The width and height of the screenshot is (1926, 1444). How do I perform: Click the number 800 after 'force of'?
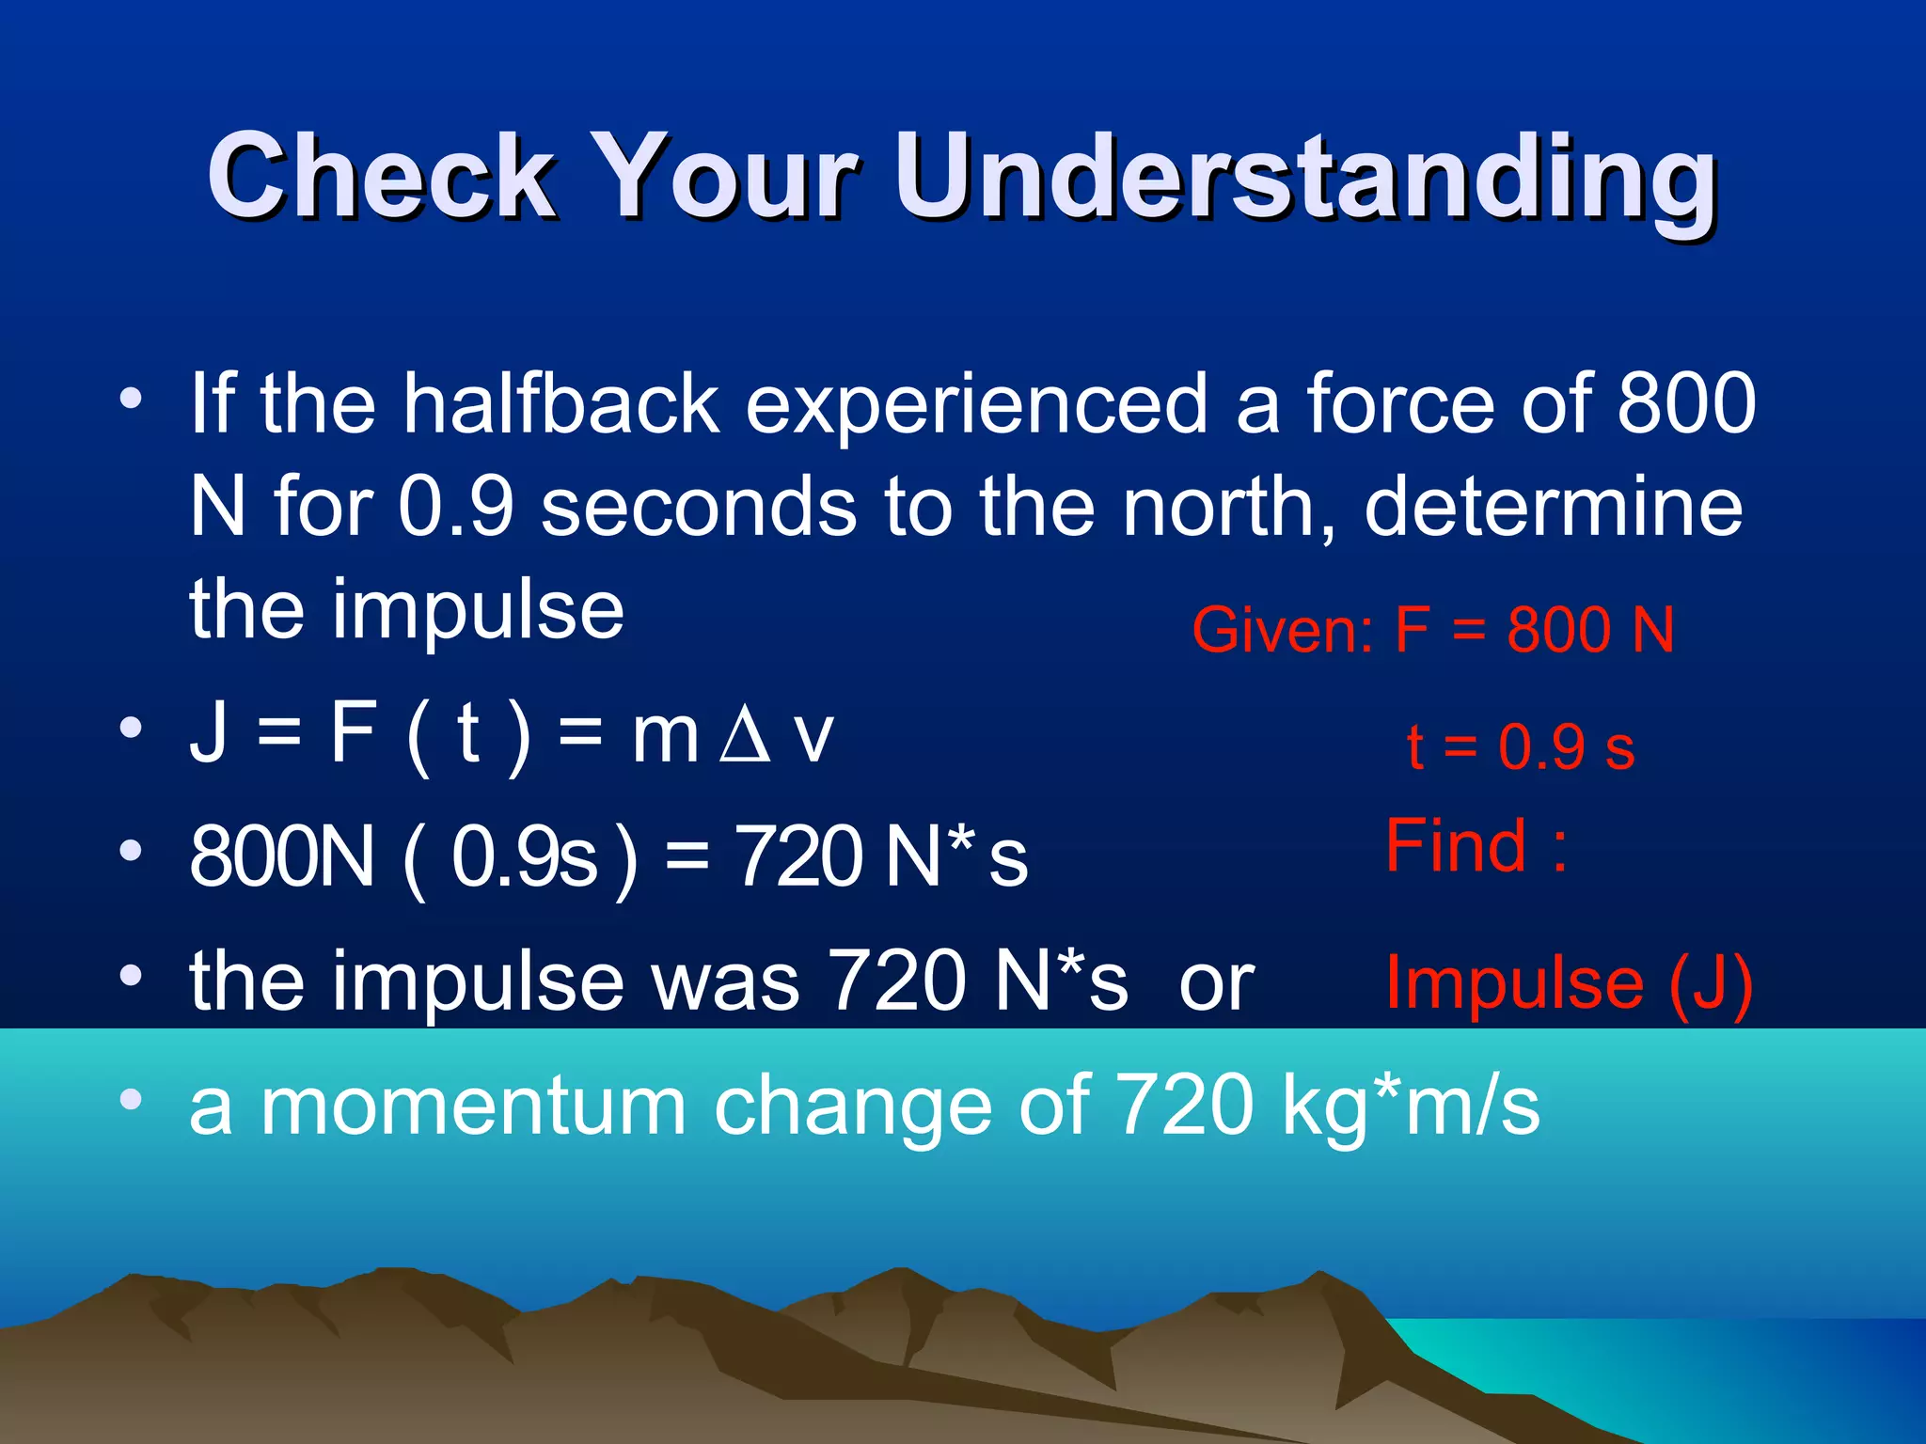pyautogui.click(x=1686, y=404)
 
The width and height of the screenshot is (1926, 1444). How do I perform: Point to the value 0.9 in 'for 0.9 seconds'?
pyautogui.click(x=455, y=508)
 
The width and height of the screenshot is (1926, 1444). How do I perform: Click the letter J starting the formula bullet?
pyautogui.click(x=208, y=734)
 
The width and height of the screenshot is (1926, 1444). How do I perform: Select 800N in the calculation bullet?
pyautogui.click(x=282, y=856)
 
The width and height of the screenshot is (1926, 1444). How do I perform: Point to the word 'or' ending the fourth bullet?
pyautogui.click(x=1216, y=983)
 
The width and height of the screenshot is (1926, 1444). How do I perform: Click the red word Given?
pyautogui.click(x=1283, y=630)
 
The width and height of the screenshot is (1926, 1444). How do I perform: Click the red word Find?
pyautogui.click(x=1456, y=846)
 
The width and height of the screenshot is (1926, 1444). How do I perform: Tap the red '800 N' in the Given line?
pyautogui.click(x=1590, y=630)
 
